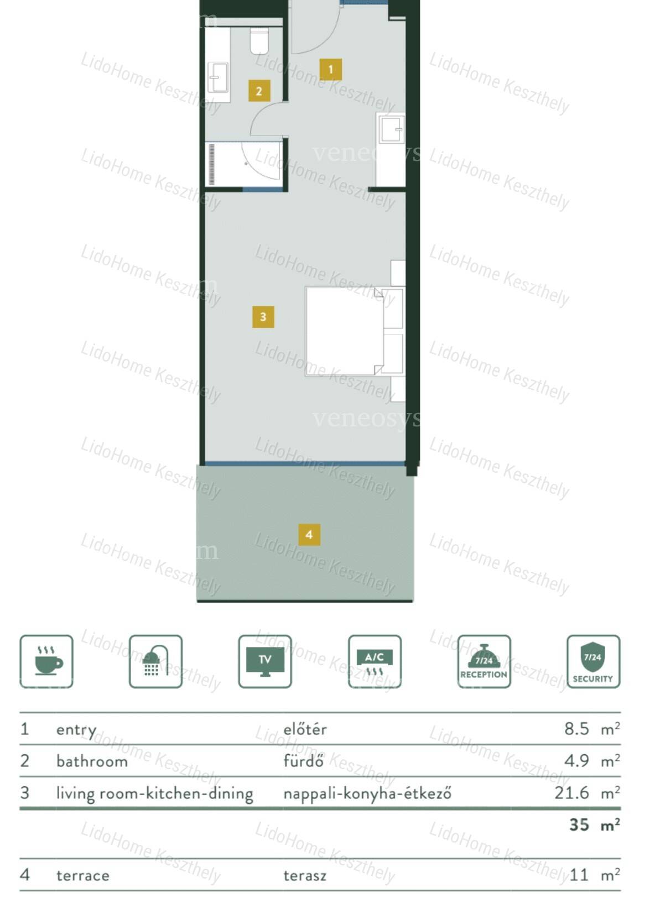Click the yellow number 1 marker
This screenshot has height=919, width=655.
(x=331, y=70)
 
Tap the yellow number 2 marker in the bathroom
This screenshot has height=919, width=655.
(x=259, y=91)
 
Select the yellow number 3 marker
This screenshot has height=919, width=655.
(x=263, y=317)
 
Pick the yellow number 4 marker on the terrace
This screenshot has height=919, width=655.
(x=309, y=535)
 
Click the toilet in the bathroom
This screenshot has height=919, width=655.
(x=259, y=41)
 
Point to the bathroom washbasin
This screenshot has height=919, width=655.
(x=217, y=77)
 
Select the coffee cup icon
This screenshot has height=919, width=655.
(x=46, y=661)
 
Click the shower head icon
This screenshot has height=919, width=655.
(x=155, y=661)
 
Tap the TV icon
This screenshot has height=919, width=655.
(x=265, y=661)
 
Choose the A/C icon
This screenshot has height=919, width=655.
(x=375, y=661)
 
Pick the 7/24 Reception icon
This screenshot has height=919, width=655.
(x=484, y=661)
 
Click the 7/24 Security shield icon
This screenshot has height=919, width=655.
(x=594, y=661)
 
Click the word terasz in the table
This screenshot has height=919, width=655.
(x=305, y=876)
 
